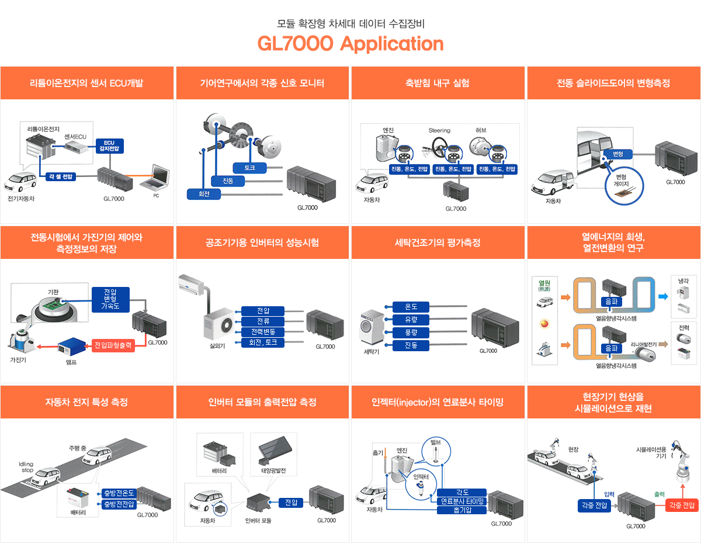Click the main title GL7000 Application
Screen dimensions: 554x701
coord(350,44)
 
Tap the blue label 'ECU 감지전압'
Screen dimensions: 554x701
coord(109,146)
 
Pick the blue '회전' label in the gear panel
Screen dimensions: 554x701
coord(204,194)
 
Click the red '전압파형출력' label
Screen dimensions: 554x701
coord(114,345)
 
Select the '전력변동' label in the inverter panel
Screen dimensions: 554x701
coord(263,332)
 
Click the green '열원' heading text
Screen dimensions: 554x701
coord(546,282)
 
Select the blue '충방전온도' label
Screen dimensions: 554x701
coord(119,493)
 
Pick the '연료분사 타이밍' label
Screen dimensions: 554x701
coord(461,501)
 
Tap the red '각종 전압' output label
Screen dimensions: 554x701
coord(682,505)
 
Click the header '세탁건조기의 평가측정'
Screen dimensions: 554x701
coord(438,243)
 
